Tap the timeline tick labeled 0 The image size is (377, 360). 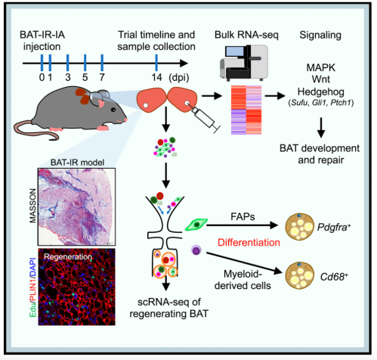point(42,77)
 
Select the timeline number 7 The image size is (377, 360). point(102,77)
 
